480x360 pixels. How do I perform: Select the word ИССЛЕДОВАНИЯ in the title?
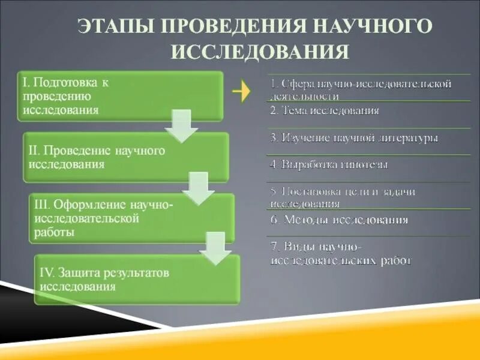[x=260, y=52]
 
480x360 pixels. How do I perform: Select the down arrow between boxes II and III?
[x=198, y=188]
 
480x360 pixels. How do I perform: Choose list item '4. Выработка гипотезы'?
[x=329, y=164]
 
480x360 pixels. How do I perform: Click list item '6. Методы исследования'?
[x=339, y=220]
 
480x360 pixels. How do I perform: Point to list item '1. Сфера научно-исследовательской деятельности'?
[x=360, y=89]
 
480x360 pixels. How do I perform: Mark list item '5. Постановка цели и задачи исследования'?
[x=343, y=197]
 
